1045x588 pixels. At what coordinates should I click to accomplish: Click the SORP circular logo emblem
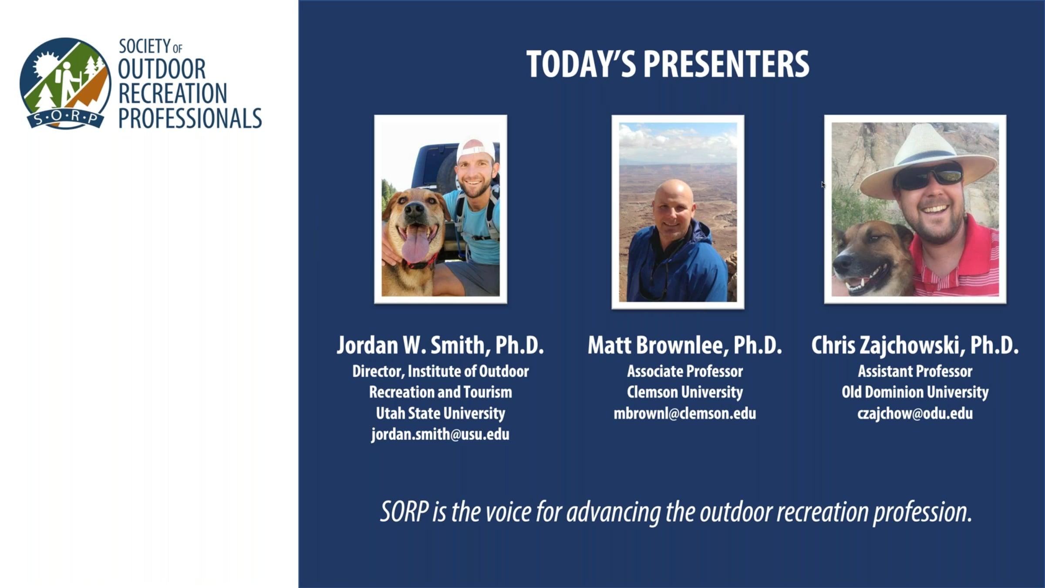[x=65, y=83]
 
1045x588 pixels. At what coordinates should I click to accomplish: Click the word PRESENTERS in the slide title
[x=726, y=64]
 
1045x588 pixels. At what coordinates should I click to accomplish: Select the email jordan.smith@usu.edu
[x=440, y=434]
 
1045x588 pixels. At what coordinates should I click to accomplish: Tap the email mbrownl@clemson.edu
[x=685, y=413]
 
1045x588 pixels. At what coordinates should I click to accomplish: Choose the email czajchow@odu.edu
[x=915, y=413]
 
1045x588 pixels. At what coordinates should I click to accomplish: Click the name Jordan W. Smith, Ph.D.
[x=440, y=345]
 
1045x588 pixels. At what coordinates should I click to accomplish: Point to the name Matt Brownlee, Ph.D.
[x=685, y=345]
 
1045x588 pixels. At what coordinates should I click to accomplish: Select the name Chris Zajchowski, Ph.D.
[x=915, y=345]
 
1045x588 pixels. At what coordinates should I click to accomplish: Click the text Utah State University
[x=440, y=413]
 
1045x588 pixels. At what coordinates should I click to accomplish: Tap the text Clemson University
[x=685, y=392]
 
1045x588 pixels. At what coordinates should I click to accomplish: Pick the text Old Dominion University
[x=915, y=392]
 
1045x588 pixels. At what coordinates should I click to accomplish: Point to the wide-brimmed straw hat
[x=929, y=161]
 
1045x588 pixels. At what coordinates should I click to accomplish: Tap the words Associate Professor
[x=685, y=371]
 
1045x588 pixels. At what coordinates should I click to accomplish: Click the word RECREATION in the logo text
[x=172, y=93]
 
